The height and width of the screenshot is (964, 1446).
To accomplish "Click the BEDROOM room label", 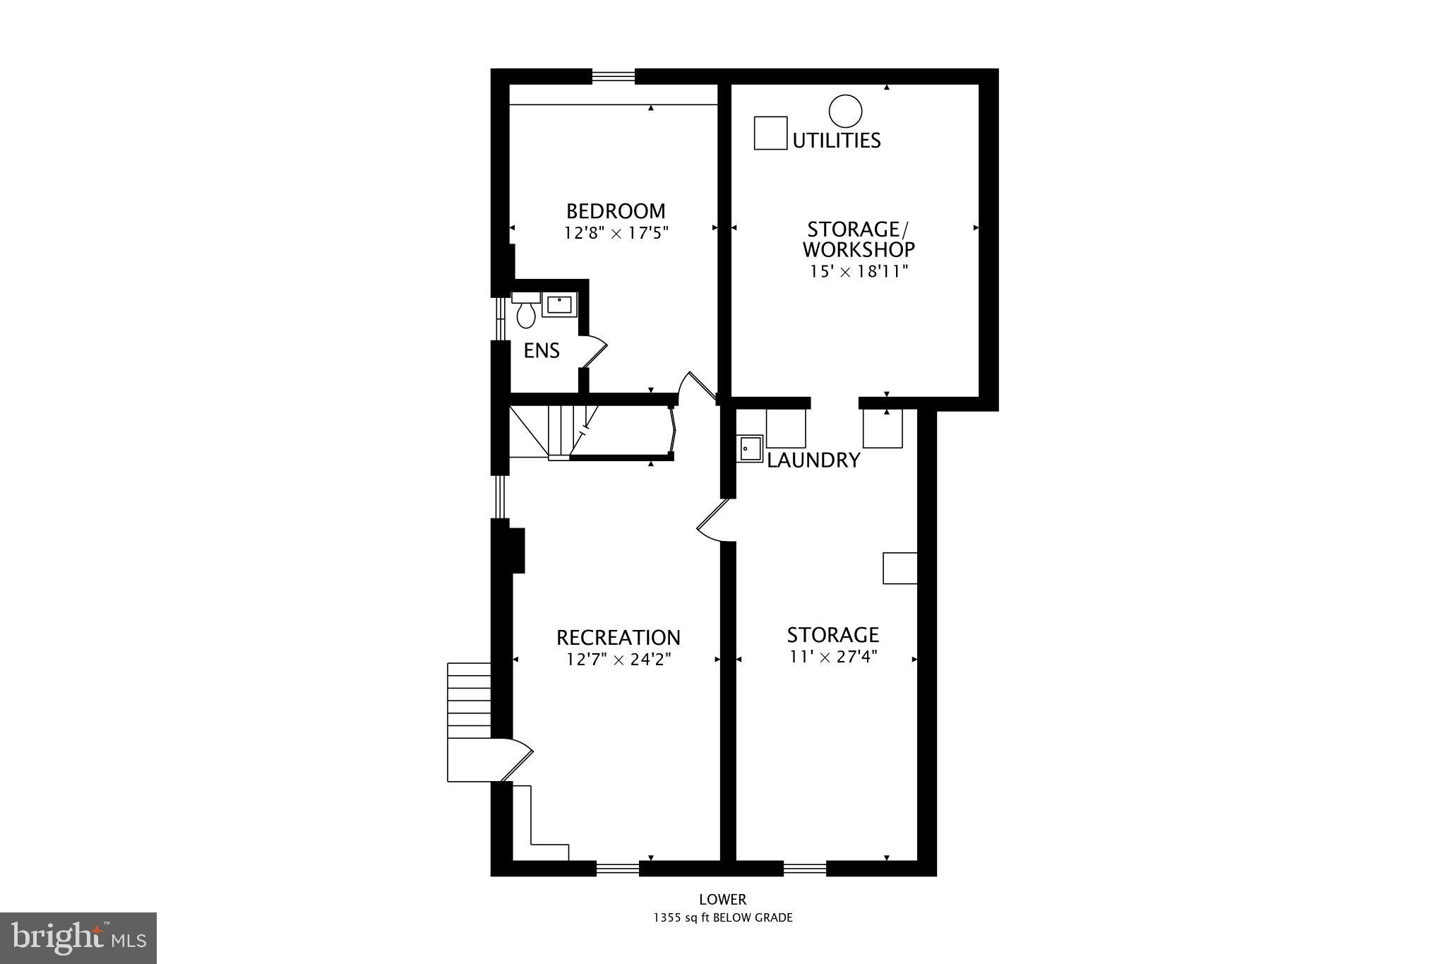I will point(615,211).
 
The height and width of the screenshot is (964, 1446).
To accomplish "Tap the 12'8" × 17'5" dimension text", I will point(615,232).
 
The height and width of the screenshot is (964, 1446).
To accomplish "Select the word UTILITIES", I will point(837,141).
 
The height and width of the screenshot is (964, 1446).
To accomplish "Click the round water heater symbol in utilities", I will point(845,112).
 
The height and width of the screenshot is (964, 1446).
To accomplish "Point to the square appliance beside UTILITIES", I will point(770,133).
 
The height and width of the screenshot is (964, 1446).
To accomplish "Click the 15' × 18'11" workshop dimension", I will point(858,271).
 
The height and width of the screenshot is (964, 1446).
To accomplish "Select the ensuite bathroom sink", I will point(559,304).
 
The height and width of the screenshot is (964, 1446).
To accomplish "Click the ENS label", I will point(542,350).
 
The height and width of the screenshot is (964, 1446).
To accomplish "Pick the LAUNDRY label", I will point(813,460).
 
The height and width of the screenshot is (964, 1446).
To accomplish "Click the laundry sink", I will point(750,448).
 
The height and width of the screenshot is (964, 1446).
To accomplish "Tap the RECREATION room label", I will point(618,638).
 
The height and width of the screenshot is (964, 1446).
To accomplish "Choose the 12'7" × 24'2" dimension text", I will point(618,660).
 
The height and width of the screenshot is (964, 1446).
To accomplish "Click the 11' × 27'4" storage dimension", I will point(833,657).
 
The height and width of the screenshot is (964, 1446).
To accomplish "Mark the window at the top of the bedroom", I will point(613,76).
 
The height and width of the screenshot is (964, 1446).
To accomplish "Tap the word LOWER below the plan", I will point(722,900).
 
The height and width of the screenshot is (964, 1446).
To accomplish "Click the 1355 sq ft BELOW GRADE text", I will point(722,918).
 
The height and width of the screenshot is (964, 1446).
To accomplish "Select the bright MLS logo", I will point(78,938).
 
